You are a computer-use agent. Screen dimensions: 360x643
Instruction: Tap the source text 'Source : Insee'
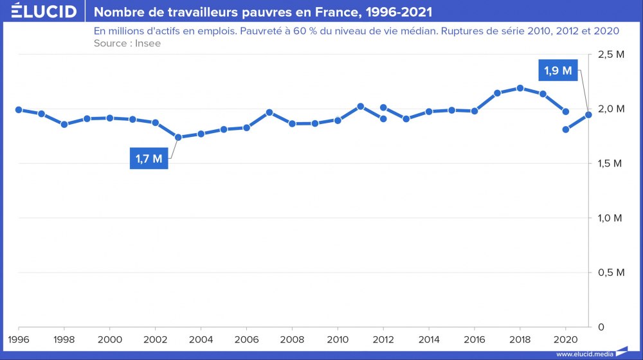pos(127,43)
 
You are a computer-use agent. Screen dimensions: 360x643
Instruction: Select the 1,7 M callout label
pos(149,158)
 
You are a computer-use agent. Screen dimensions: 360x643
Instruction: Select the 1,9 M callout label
pos(558,71)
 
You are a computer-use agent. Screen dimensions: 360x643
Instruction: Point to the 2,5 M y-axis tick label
pos(611,55)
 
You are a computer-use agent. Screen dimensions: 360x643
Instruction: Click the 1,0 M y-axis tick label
pos(611,218)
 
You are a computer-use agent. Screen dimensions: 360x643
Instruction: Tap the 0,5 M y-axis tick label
pos(611,273)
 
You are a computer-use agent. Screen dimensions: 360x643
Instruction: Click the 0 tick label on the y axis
pos(601,327)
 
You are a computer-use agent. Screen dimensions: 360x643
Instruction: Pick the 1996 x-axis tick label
pos(19,339)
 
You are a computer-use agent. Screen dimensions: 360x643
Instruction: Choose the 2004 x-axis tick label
pos(201,339)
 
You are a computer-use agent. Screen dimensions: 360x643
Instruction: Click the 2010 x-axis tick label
pos(338,339)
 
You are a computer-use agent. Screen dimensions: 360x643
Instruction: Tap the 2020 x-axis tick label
pos(565,339)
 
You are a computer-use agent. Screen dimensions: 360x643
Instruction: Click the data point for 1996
pos(19,110)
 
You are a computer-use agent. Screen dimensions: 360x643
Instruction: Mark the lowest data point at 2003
pos(178,137)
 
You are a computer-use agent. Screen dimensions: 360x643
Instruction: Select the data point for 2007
pos(269,113)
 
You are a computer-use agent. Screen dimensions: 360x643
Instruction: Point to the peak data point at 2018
pos(520,88)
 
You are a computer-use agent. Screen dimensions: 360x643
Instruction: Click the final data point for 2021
pos(588,114)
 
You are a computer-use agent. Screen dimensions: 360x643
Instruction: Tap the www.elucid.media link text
pos(584,354)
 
